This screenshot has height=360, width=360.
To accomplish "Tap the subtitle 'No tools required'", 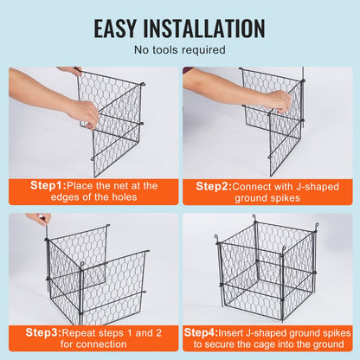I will (179, 50).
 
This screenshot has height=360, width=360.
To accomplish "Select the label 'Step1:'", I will (48, 185).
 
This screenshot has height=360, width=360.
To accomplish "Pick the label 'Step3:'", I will (42, 331).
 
